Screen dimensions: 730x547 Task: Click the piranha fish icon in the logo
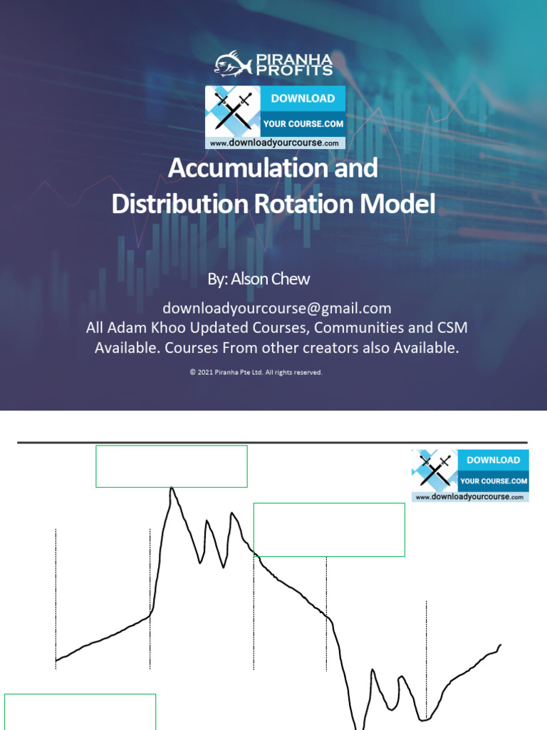point(232,63)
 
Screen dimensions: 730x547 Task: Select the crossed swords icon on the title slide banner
point(233,112)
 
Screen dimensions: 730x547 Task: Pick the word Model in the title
point(404,205)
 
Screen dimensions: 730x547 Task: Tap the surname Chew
point(291,279)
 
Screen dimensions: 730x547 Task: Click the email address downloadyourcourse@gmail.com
point(277,308)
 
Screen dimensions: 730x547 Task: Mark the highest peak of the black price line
point(171,489)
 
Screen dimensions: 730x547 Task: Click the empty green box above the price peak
point(172,466)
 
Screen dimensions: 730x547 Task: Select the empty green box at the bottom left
point(80,711)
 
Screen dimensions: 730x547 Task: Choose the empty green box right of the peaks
point(329,529)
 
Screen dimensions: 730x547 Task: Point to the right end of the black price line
point(501,645)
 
